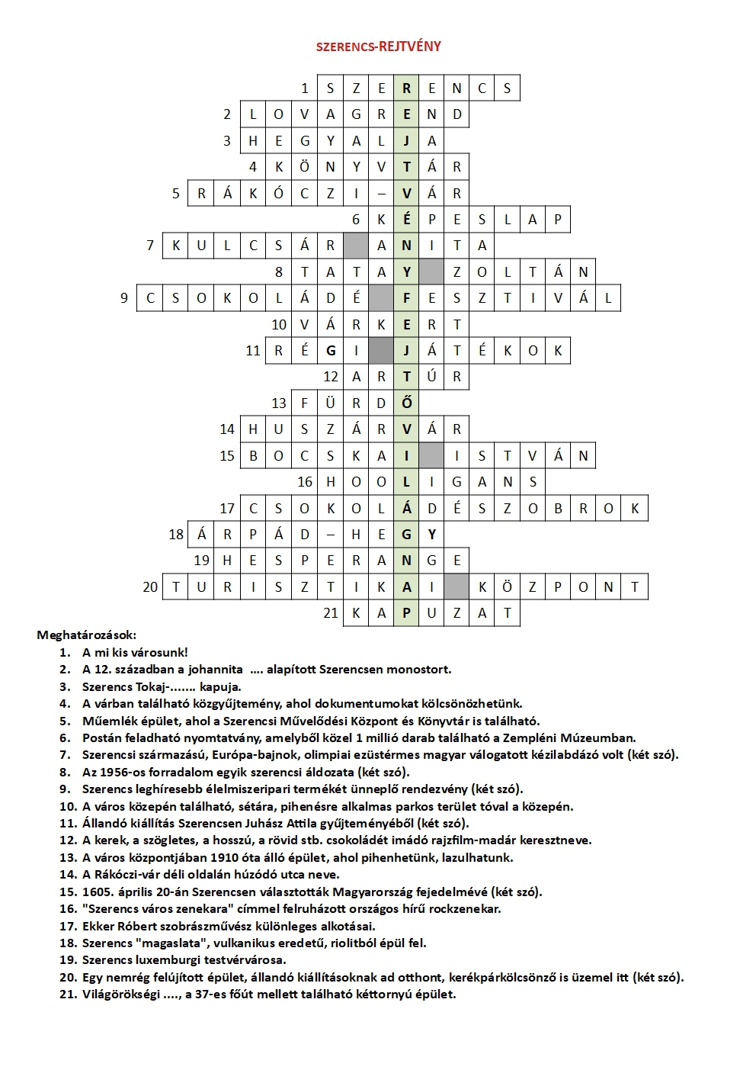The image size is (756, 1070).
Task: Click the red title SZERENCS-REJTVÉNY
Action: (x=378, y=47)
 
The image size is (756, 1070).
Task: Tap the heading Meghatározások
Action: (x=86, y=635)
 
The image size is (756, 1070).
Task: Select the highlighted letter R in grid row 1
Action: (x=406, y=88)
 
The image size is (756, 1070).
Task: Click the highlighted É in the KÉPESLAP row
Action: (x=406, y=220)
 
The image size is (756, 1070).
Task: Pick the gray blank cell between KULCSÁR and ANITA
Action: (x=355, y=246)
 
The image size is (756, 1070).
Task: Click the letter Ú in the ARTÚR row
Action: (x=431, y=377)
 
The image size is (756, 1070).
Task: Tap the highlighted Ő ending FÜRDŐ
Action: (x=406, y=403)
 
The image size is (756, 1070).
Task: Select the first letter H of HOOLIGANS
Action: (x=330, y=482)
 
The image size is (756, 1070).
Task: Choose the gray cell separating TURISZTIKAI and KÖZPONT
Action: (x=456, y=587)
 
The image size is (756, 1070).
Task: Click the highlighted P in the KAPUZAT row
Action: (x=406, y=613)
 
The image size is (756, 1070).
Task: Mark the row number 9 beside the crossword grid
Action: (x=124, y=298)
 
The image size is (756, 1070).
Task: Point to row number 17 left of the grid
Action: (x=227, y=509)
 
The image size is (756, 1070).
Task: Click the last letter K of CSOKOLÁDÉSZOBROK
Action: (x=635, y=509)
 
